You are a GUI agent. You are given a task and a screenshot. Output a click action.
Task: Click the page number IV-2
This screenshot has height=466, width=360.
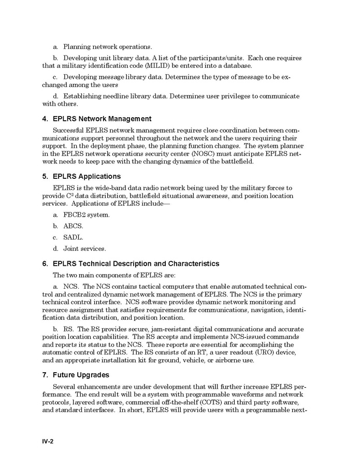tap(49, 441)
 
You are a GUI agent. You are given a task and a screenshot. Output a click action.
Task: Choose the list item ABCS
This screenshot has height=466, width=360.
tap(73, 226)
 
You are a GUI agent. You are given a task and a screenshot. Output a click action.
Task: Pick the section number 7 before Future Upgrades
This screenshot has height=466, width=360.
tap(45, 375)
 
